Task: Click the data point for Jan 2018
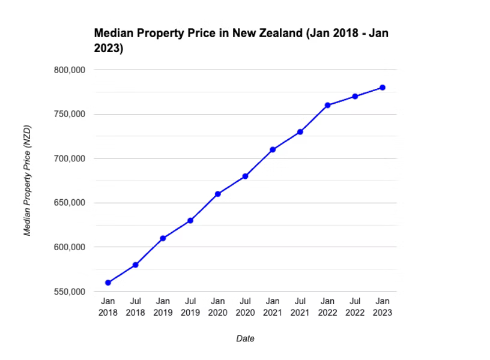click(108, 283)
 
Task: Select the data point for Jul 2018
click(136, 265)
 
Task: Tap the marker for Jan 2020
click(218, 194)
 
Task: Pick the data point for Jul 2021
click(300, 132)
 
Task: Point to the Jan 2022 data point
click(327, 105)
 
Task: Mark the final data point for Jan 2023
click(383, 88)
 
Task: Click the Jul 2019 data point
click(190, 220)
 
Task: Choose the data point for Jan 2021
click(273, 149)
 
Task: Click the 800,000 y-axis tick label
click(70, 70)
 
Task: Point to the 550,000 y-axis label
click(70, 292)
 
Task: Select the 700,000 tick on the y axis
click(70, 158)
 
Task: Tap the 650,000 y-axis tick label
click(70, 203)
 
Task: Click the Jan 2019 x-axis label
click(163, 307)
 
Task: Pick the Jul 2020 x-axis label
click(245, 307)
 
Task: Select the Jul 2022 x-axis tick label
click(355, 307)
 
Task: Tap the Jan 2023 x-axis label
click(383, 307)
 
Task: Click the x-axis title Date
click(245, 338)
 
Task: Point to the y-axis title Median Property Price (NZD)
click(27, 181)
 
